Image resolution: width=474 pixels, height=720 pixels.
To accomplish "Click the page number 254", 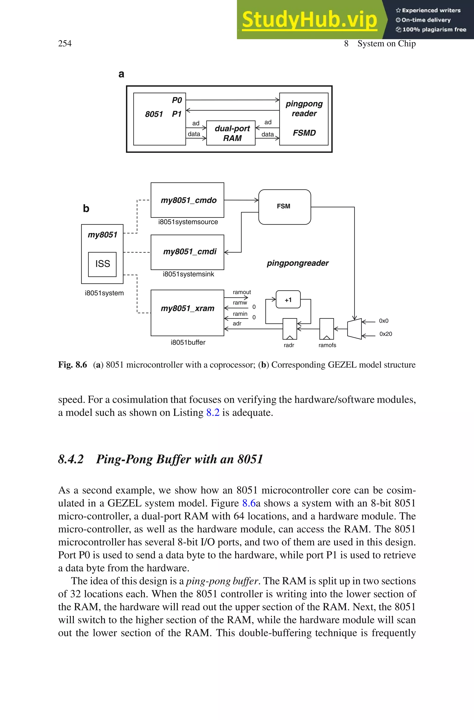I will click(65, 44).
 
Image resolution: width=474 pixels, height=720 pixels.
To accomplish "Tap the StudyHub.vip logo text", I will click(309, 20).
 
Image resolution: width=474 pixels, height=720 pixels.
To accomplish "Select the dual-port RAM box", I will click(231, 133).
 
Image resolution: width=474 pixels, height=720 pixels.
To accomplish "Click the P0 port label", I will click(177, 100).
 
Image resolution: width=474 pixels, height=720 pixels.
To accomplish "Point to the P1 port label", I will click(177, 114).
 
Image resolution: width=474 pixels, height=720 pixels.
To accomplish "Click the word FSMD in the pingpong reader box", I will click(304, 133).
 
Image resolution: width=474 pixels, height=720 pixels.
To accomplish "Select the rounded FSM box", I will click(284, 207).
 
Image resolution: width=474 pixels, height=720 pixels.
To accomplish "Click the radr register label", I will click(289, 345).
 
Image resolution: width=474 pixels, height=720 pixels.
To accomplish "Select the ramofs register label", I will click(327, 345).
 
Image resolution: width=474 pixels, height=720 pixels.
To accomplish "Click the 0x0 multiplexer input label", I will click(383, 321).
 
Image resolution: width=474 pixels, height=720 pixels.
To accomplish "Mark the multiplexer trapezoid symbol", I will click(354, 329).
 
